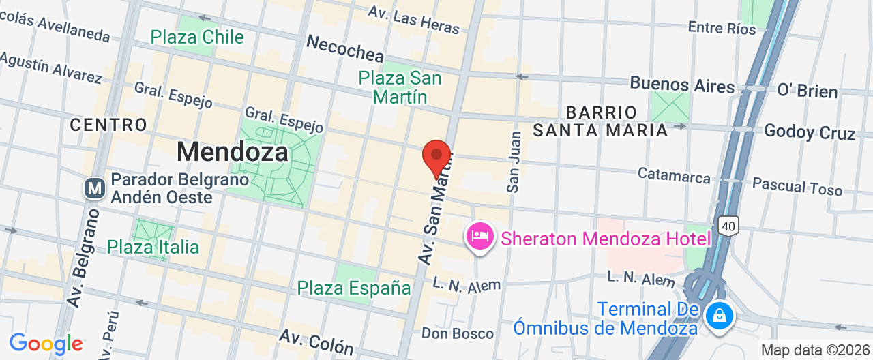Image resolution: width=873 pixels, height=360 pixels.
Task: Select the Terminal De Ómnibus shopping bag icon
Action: (x=718, y=316)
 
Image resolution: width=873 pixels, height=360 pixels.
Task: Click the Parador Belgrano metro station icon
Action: (x=95, y=188)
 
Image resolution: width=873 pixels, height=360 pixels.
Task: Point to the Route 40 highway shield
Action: (x=728, y=224)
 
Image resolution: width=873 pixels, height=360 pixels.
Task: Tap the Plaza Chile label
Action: (x=197, y=37)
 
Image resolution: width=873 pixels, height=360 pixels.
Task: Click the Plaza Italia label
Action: (x=153, y=247)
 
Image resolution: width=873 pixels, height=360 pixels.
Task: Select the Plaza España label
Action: (x=354, y=288)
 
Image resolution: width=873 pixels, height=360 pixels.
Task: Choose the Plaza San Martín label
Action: (x=400, y=87)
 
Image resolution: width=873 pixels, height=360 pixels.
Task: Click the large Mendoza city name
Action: (x=233, y=151)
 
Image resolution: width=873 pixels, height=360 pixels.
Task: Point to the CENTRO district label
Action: (x=108, y=125)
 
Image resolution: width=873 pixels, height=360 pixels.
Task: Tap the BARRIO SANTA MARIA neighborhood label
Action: (x=600, y=121)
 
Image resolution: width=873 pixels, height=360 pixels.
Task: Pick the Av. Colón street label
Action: (x=316, y=342)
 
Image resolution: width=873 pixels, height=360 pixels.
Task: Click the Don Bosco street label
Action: (x=457, y=333)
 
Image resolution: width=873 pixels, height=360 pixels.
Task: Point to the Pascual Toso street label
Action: (x=797, y=186)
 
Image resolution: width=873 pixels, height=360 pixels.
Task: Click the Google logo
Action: (x=46, y=344)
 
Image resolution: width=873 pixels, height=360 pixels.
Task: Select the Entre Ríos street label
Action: (x=722, y=28)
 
